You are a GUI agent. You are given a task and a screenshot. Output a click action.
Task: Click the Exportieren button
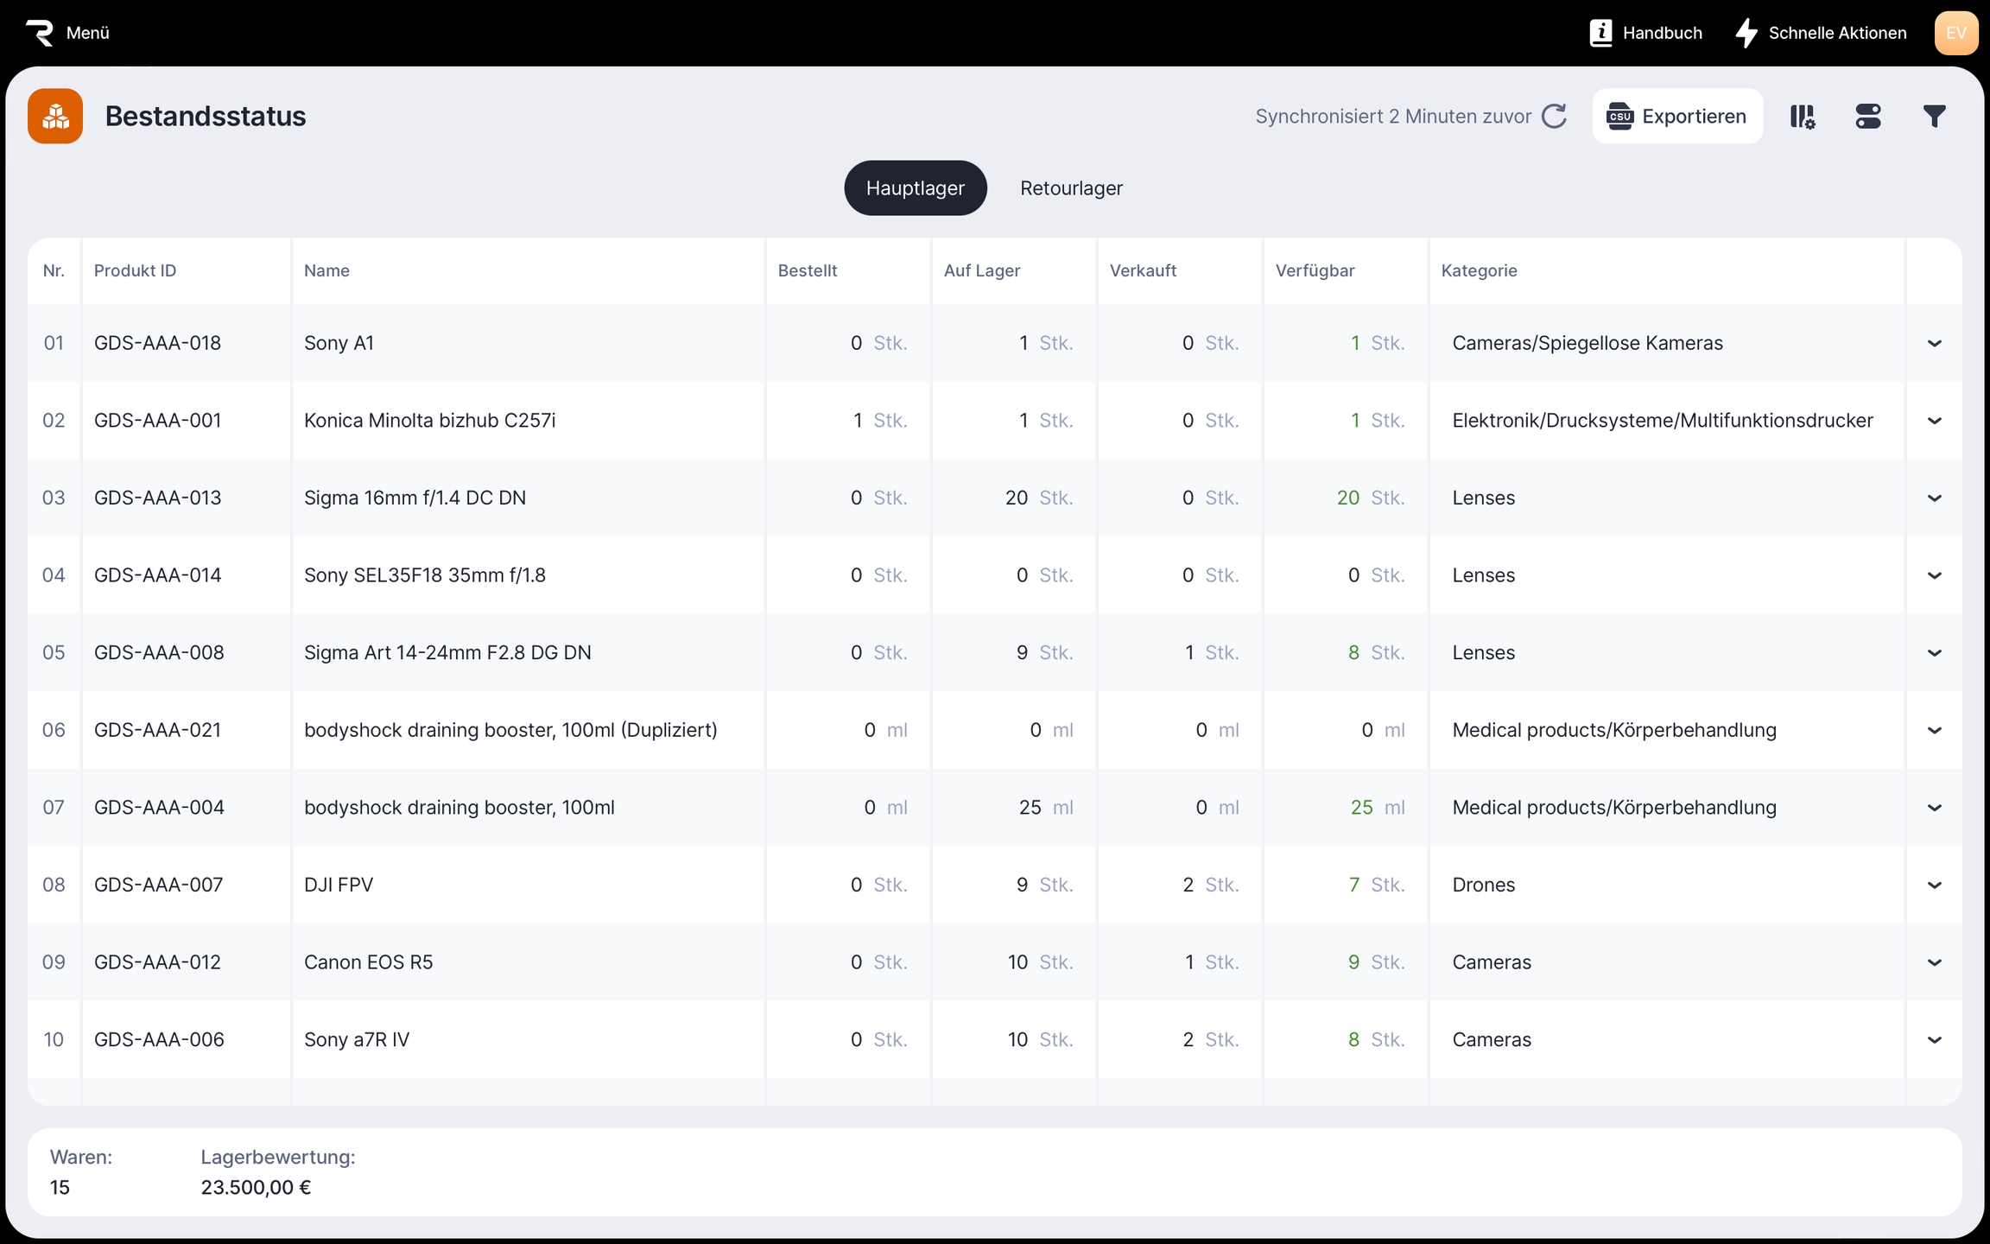1677,117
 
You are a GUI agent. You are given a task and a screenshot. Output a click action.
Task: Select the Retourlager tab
1071,188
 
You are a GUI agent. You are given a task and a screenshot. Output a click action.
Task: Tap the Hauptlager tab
915,188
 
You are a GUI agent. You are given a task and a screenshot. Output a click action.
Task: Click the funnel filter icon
1934,117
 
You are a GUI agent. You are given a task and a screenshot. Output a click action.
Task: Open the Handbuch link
1646,33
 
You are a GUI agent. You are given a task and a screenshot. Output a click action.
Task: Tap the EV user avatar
1955,33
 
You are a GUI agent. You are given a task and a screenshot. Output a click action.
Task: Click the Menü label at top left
87,33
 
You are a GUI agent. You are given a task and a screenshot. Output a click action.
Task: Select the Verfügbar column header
1315,270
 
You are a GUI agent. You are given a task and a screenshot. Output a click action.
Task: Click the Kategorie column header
1479,270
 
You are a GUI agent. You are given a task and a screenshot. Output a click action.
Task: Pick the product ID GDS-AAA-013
158,498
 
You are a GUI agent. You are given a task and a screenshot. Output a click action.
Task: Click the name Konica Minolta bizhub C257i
429,421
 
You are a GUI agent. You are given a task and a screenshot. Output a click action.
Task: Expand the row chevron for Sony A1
1934,344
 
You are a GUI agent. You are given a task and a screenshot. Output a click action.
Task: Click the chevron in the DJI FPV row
1934,885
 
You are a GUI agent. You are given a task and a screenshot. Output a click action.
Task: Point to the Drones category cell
1484,885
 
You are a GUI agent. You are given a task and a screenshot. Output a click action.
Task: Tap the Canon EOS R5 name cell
368,962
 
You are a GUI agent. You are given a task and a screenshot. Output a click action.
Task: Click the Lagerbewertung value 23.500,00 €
256,1187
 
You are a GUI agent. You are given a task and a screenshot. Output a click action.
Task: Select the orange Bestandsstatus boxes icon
55,117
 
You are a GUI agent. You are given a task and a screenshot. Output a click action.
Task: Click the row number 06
54,730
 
